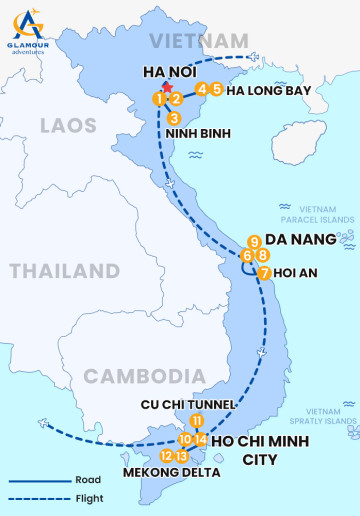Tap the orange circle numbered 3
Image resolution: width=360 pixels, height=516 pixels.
(174, 118)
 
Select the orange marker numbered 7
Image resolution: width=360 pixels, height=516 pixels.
(264, 273)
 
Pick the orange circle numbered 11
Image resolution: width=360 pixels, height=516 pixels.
(197, 421)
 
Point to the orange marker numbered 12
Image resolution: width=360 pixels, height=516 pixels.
(166, 456)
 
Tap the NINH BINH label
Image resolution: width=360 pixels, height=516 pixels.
(194, 133)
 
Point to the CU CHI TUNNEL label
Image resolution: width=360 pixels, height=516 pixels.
(189, 404)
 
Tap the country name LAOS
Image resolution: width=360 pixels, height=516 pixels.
(68, 125)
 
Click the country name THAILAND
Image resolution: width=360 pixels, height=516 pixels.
(64, 271)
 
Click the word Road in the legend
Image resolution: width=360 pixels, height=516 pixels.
(87, 480)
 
